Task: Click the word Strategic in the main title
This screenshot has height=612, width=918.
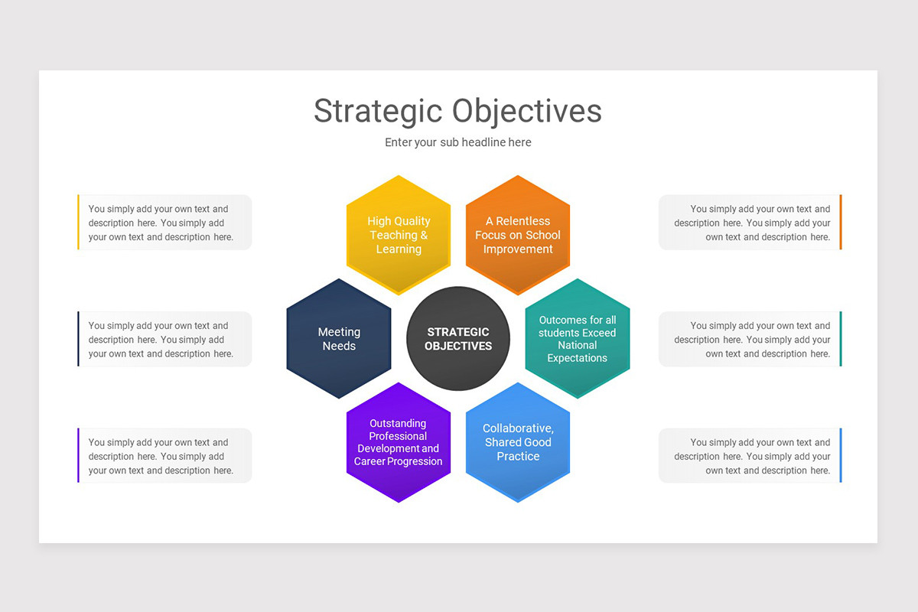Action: [x=376, y=111]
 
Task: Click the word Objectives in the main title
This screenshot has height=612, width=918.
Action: [x=527, y=111]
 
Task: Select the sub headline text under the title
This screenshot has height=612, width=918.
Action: [x=458, y=142]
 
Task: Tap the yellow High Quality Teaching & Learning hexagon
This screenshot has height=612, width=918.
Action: [x=399, y=235]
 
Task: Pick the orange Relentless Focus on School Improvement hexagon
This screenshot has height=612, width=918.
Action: [x=518, y=235]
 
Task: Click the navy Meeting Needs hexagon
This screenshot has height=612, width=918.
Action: [x=339, y=338]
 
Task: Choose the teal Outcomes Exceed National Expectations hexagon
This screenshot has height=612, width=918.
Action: [x=578, y=338]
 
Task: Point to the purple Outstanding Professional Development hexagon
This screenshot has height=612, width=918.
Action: [x=399, y=442]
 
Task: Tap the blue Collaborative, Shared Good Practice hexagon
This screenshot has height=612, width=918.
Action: [x=518, y=442]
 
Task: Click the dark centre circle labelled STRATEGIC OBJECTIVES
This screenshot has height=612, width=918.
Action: [x=458, y=338]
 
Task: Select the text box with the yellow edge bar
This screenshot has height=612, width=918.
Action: [x=164, y=223]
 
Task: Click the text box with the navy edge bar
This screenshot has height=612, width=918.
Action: [x=164, y=339]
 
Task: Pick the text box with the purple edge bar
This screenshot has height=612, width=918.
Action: [x=164, y=456]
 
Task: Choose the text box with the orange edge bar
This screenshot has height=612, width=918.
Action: [x=750, y=223]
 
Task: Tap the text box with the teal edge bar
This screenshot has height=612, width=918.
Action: [x=750, y=339]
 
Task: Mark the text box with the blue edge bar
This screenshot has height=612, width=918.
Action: [x=750, y=456]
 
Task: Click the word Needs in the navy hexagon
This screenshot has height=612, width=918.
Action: [x=339, y=346]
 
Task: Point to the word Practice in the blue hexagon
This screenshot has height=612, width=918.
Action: [x=518, y=456]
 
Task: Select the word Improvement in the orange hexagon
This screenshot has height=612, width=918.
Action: [x=518, y=249]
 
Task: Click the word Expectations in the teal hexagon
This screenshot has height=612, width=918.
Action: [x=578, y=358]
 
